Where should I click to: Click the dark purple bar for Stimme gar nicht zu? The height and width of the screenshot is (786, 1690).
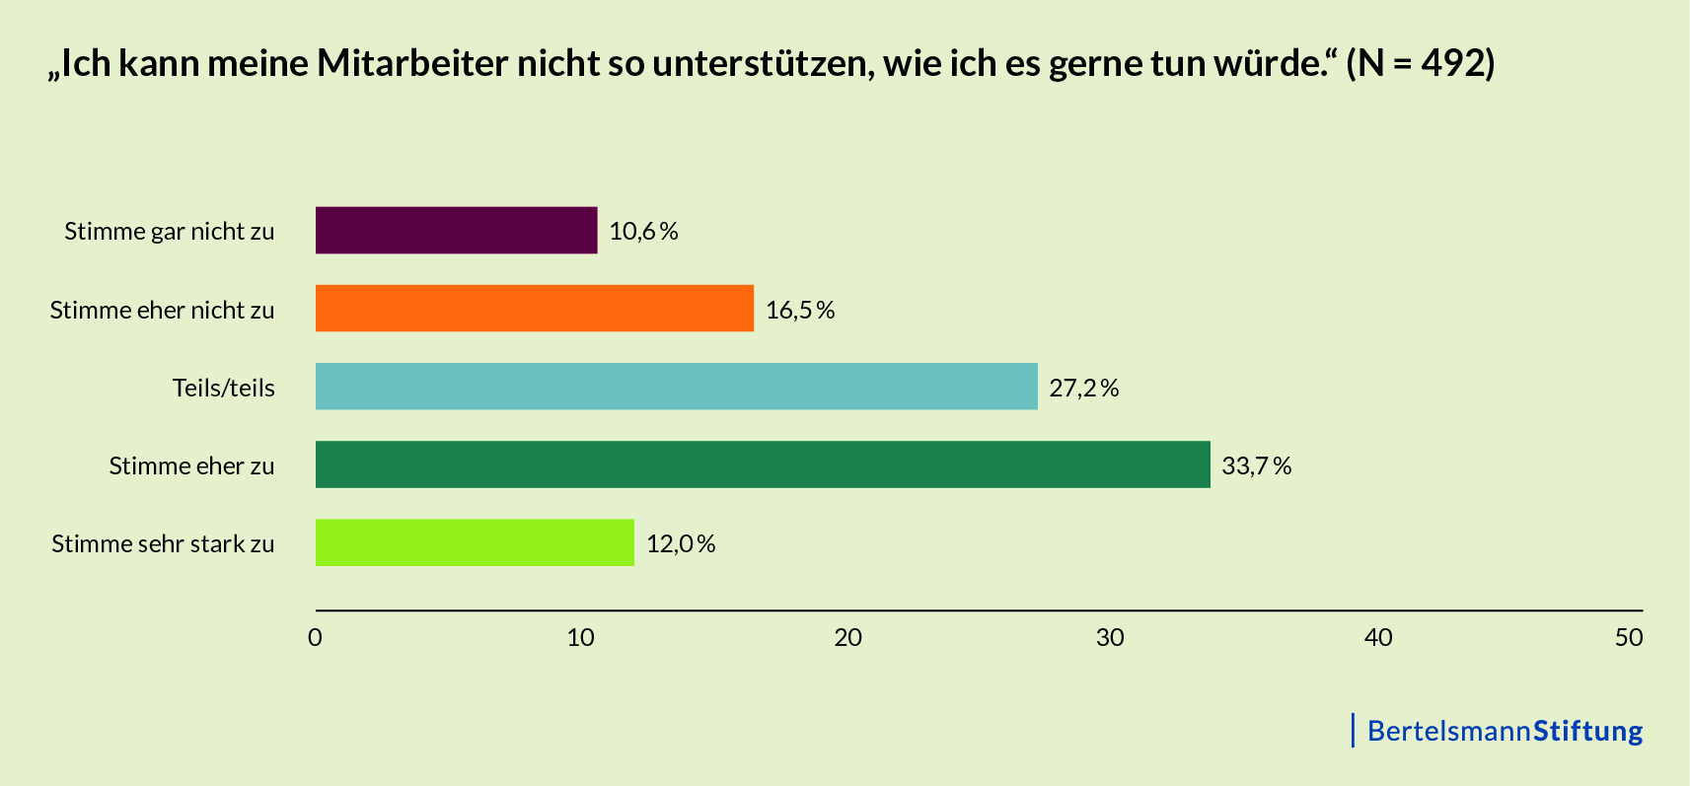456,230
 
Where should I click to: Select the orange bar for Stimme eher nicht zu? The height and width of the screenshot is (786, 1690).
534,309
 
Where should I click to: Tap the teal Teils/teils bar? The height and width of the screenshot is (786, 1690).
676,387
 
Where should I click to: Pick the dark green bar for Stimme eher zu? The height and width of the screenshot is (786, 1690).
762,464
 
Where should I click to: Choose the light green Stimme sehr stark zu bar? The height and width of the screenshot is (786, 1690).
475,542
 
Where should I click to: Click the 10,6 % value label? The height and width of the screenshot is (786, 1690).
643,231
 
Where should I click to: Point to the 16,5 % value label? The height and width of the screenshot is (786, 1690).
800,310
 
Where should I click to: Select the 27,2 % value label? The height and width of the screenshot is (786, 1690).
1083,388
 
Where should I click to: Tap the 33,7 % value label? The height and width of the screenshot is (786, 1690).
1256,465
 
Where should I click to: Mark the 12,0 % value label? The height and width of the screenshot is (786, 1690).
681,543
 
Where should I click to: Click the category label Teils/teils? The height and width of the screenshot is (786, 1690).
224,388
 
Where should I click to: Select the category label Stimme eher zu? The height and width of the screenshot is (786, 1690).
191,465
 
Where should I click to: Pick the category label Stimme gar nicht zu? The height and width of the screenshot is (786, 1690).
170,231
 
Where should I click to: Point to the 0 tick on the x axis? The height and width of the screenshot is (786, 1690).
315,637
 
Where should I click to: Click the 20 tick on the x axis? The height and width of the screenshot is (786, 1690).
847,637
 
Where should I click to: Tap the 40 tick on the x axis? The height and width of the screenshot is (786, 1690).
1378,637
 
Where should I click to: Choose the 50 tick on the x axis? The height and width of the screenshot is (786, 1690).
1629,637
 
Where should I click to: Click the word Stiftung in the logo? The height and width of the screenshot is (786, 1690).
1587,731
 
